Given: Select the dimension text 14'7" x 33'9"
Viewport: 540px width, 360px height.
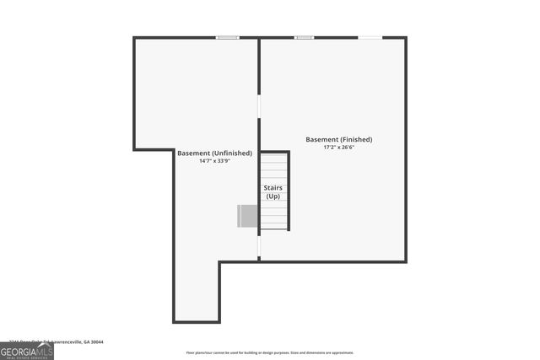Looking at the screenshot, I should (x=214, y=161).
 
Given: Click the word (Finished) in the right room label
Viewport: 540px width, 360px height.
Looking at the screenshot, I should (x=357, y=139).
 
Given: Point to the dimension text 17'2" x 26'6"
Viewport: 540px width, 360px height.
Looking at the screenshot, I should (x=338, y=147).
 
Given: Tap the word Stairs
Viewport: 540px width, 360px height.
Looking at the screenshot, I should (x=273, y=188).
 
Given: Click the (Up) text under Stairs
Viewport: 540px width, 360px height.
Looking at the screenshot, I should (x=273, y=196).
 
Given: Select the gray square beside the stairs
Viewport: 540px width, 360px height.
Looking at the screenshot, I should (x=248, y=216).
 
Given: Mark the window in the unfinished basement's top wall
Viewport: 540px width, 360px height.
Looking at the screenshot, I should (x=227, y=37).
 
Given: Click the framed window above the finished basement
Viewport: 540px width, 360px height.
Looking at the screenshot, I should (x=304, y=37).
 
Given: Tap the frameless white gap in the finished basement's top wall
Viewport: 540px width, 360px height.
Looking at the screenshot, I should (x=370, y=37).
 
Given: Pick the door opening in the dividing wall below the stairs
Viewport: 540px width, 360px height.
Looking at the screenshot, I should (x=259, y=245).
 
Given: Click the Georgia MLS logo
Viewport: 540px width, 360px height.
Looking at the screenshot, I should (x=26, y=352).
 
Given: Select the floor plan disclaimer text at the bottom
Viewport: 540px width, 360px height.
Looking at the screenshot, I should (x=270, y=352).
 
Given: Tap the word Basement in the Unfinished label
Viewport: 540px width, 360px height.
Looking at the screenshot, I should (x=192, y=153).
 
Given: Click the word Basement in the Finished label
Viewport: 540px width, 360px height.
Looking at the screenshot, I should (x=322, y=139).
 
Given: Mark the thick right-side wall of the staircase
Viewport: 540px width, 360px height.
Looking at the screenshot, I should (x=289, y=191).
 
